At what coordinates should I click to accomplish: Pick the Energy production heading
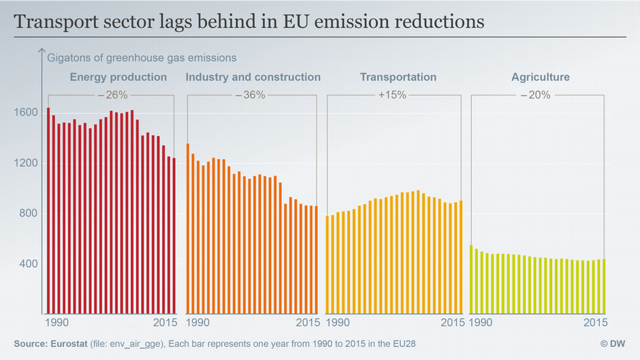click(x=118, y=77)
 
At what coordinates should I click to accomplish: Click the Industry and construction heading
click(x=253, y=77)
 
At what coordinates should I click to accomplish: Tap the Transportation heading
click(x=398, y=77)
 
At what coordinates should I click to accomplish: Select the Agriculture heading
click(x=540, y=77)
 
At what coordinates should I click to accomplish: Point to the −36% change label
click(x=250, y=95)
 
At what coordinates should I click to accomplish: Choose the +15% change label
click(x=392, y=95)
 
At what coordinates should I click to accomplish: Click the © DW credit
click(x=614, y=344)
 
